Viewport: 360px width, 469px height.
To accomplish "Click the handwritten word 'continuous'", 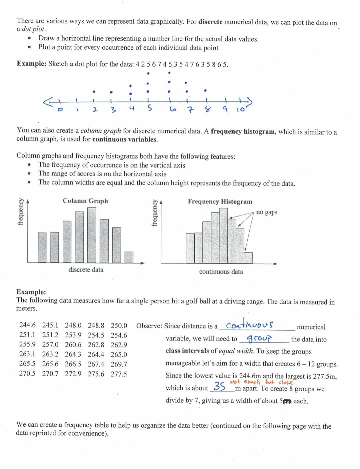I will [x=250, y=324].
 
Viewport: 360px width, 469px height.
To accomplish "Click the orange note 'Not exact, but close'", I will [x=262, y=382].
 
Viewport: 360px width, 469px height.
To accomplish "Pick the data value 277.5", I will [x=119, y=374].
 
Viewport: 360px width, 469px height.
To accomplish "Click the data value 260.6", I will [x=73, y=345].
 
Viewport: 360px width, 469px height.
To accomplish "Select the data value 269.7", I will [x=119, y=364].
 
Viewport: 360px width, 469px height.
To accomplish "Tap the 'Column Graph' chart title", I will [x=85, y=201].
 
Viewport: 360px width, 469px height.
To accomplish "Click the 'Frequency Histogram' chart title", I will [x=220, y=201].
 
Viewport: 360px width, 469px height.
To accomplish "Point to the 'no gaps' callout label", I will [x=267, y=212].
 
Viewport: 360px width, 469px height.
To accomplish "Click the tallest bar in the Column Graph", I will [x=92, y=235].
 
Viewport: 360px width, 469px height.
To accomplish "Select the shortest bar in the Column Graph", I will [x=129, y=257].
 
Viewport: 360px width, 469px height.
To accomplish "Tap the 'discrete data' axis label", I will [x=86, y=270].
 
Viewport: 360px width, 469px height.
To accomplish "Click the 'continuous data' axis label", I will [x=221, y=272].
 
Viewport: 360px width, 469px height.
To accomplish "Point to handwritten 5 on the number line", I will [x=150, y=109].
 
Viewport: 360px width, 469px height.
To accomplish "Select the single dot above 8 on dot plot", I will [x=206, y=90].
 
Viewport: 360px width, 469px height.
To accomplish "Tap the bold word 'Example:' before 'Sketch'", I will [x=31, y=64].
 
